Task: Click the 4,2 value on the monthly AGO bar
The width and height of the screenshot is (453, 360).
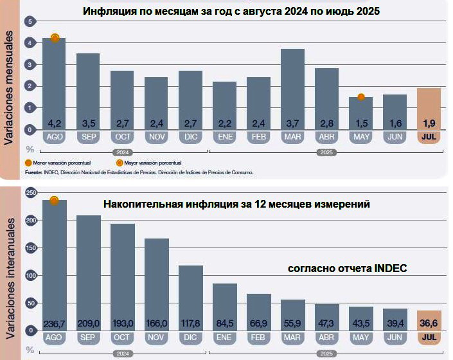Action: tap(54, 122)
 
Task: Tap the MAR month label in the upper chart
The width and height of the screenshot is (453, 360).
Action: tap(292, 138)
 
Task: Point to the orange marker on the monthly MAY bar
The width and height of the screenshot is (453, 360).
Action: tap(361, 97)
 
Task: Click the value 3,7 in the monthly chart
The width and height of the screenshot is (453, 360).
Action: tap(292, 122)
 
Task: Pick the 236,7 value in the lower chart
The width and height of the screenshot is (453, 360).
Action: tap(54, 323)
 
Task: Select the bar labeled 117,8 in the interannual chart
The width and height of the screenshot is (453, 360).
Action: tap(191, 296)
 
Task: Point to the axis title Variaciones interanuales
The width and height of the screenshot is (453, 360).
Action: tap(10, 270)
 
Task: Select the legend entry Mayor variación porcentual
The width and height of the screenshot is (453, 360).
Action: tap(152, 163)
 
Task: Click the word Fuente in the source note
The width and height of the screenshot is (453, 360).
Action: tap(34, 172)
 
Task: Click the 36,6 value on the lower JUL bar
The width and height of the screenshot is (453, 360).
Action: tap(429, 323)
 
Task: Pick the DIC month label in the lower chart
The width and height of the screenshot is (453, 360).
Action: tap(191, 337)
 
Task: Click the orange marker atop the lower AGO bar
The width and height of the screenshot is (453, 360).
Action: tap(54, 200)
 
